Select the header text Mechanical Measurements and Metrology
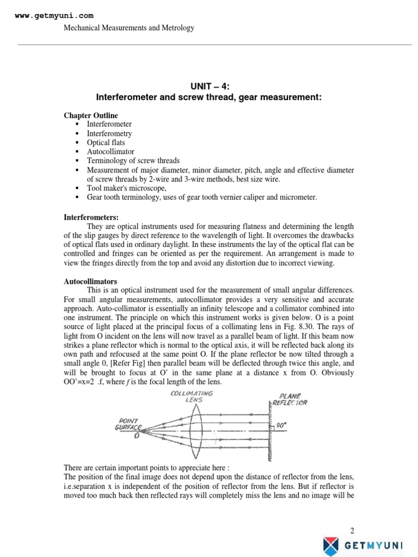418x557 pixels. (x=129, y=28)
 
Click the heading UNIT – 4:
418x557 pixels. (x=209, y=86)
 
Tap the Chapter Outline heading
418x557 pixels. (x=90, y=116)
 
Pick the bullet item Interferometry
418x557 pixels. (x=109, y=134)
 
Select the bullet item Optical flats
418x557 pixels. (x=106, y=143)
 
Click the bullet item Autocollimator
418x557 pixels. (x=110, y=152)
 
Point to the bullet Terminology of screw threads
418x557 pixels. (x=133, y=161)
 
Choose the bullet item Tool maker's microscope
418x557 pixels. (x=126, y=188)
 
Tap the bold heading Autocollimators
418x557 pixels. (x=90, y=282)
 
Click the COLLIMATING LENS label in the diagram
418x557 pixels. (x=192, y=396)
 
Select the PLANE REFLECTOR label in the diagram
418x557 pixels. (x=293, y=399)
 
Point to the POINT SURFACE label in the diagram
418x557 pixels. (x=130, y=424)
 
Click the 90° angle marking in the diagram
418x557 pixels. (x=281, y=426)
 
